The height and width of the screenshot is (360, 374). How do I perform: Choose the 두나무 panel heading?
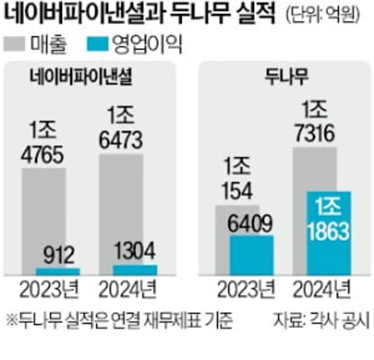tap(287, 76)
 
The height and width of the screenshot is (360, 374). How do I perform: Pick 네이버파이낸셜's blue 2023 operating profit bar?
tap(58, 271)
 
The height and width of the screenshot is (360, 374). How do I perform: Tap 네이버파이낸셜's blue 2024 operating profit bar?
tap(136, 269)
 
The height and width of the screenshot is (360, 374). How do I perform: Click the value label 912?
tap(58, 256)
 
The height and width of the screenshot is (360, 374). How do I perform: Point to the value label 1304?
tap(135, 252)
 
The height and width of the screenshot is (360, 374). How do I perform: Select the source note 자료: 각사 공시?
tap(322, 321)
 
